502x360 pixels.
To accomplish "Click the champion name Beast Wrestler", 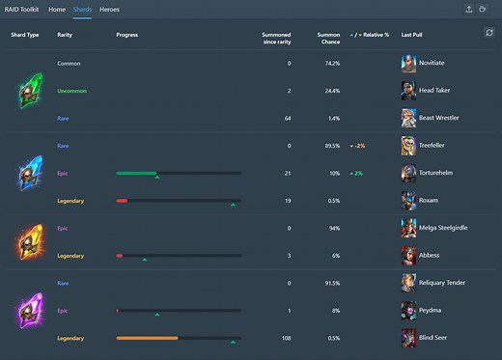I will click(x=439, y=118).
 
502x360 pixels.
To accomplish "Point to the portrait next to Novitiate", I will click(x=408, y=63).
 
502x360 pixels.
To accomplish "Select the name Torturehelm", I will click(x=439, y=173).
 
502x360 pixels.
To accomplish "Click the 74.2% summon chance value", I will click(x=330, y=63).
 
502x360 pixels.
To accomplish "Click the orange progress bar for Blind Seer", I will click(x=147, y=339).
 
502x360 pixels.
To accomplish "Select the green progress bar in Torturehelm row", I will click(x=136, y=174).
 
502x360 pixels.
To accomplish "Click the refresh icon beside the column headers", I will click(x=488, y=33).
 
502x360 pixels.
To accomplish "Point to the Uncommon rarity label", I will click(x=72, y=91).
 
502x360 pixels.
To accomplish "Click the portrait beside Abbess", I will click(x=408, y=256).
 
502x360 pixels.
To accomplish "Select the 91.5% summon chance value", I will click(x=330, y=284).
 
